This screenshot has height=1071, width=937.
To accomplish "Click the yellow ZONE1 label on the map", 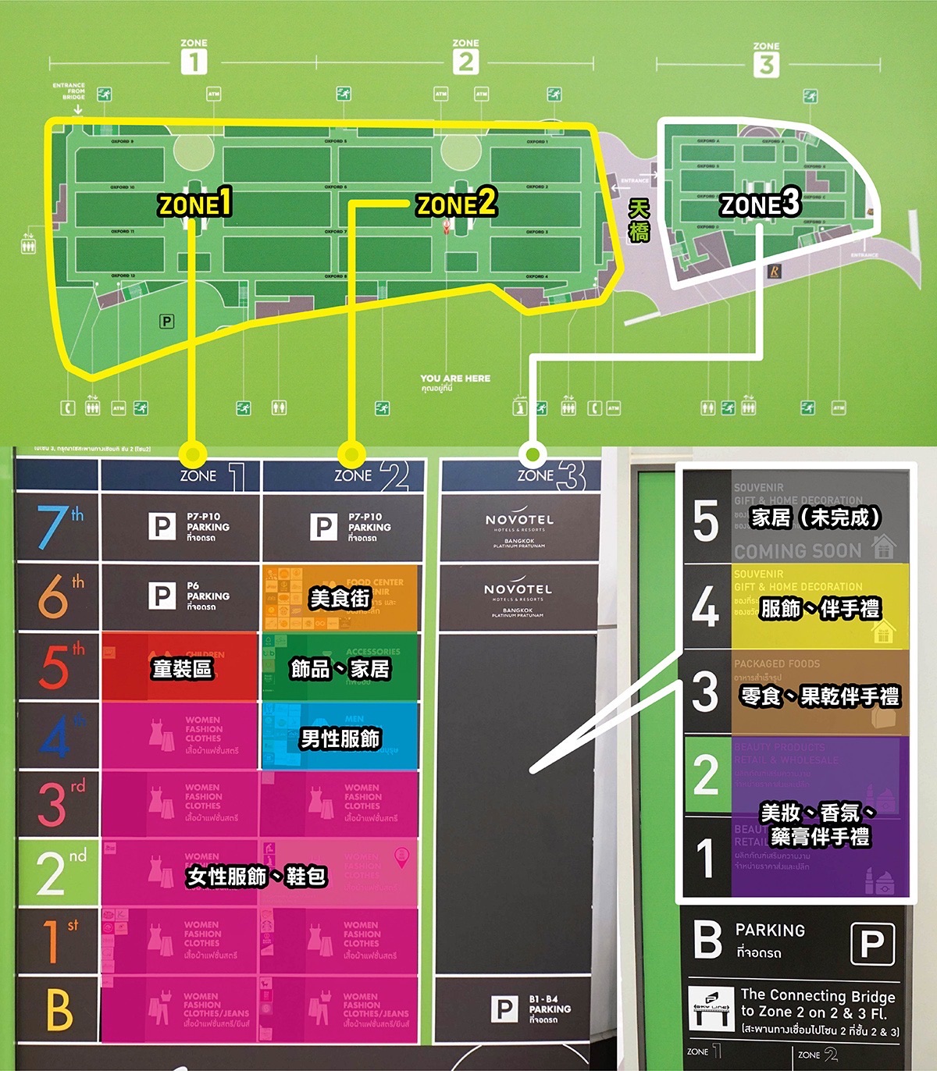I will point(195,205).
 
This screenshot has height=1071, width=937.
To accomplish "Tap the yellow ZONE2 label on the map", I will point(457,205).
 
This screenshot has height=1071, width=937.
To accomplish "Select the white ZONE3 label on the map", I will point(761,205).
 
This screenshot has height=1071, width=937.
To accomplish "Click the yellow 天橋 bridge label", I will point(639,220).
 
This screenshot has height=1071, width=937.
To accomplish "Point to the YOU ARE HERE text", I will point(455,379).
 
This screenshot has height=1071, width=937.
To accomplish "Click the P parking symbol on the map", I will point(166,321).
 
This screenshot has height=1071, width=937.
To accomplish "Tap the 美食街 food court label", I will point(340,599).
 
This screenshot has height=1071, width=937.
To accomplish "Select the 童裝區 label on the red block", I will point(181,669).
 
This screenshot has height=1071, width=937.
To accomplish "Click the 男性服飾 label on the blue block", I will point(340,738).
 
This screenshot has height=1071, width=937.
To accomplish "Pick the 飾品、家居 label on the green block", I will point(340,669).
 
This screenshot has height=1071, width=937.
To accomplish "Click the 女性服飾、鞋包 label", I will point(256,877).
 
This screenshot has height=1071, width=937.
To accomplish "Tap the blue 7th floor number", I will point(55,526).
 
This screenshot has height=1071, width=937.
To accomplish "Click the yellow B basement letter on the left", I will point(59,1009).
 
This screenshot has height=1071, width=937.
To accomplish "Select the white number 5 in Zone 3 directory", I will point(706,521).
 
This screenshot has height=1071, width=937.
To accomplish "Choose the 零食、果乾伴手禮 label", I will point(819,696).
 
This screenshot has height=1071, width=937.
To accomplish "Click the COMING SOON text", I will point(797,551).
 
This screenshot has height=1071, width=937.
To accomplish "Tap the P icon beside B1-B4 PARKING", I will point(504,1009).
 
